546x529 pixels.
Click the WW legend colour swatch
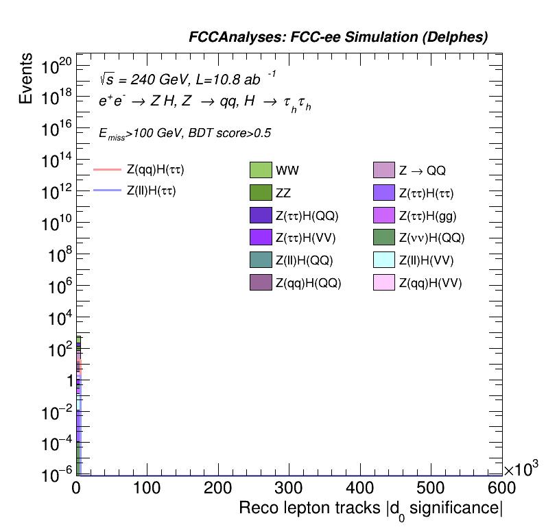coord(261,170)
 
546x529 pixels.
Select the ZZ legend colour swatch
coord(261,193)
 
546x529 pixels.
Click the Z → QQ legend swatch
coord(384,170)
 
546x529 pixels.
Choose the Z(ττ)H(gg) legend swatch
coord(384,215)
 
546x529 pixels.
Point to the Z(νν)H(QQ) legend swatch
coord(384,238)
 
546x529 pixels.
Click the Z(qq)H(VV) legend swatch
coord(384,282)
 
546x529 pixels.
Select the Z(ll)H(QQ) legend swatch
coord(261,260)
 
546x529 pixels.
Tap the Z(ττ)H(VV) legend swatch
coord(261,238)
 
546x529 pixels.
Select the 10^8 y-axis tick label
coord(56,256)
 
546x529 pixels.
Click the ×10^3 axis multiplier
coord(521,469)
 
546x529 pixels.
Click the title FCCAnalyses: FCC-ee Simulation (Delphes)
coord(338,38)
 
